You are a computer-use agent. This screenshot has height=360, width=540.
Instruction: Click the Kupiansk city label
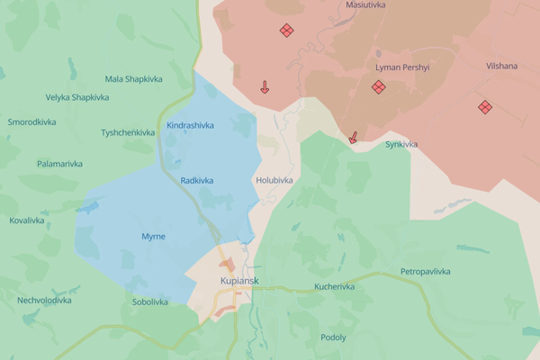tap(239, 281)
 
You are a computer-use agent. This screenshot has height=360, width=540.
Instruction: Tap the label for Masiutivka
tap(366, 5)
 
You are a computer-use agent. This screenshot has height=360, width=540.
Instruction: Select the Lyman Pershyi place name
tap(404, 68)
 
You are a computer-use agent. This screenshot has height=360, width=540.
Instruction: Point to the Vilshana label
tap(501, 66)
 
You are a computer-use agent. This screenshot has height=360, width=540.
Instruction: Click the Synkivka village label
tap(401, 144)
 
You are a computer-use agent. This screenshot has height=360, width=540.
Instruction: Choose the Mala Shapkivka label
tap(135, 78)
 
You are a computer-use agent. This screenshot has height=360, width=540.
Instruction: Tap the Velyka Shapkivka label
tap(77, 97)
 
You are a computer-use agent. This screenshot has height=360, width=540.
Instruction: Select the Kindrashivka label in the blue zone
tap(191, 125)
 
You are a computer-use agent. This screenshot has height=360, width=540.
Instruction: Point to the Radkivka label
tap(197, 180)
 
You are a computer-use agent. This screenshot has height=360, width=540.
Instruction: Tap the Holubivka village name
tap(274, 180)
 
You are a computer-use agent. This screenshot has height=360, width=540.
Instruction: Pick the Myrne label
tap(154, 236)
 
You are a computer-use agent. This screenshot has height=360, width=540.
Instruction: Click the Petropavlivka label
tap(426, 271)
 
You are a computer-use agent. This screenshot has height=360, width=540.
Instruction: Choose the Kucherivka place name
tap(334, 287)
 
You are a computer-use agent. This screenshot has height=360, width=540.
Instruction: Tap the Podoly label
tap(333, 337)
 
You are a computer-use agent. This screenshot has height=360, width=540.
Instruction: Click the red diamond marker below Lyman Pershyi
tap(379, 87)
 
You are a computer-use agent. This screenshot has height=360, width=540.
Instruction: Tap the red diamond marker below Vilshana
tap(485, 107)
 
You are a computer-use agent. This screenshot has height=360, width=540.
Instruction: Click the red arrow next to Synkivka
tap(354, 138)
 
